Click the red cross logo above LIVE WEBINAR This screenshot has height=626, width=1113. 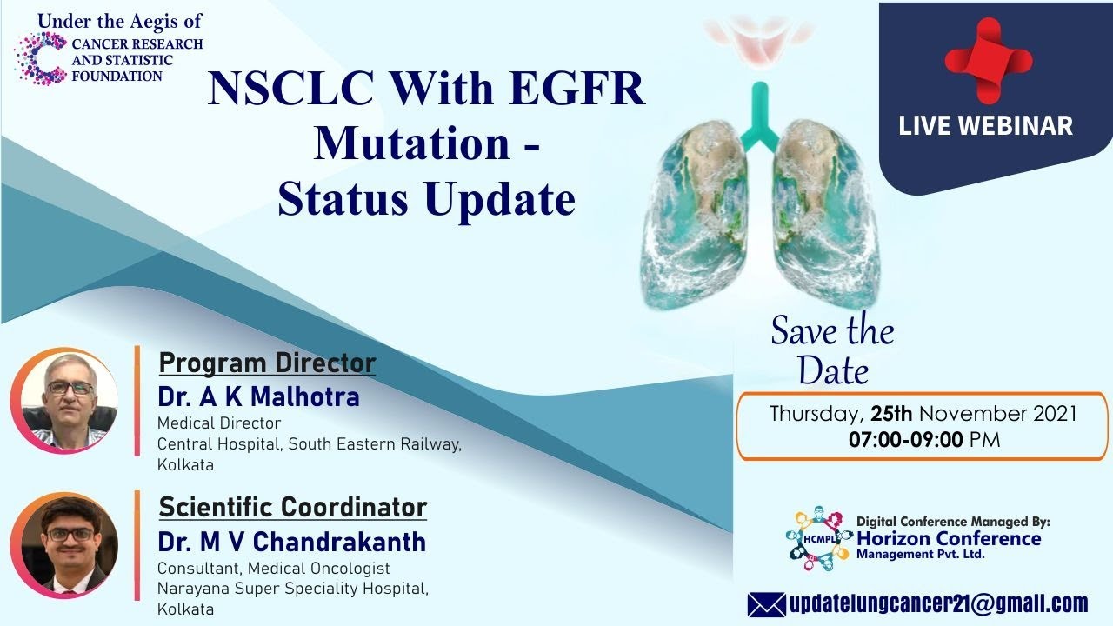pyautogui.click(x=989, y=61)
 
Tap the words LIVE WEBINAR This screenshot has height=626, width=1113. pyautogui.click(x=985, y=125)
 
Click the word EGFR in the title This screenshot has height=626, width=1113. pyautogui.click(x=576, y=89)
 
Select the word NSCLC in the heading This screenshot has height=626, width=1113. pyautogui.click(x=291, y=89)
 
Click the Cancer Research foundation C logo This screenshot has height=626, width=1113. pyautogui.click(x=42, y=58)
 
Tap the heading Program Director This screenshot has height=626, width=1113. pyautogui.click(x=267, y=363)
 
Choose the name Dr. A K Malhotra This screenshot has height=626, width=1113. pyautogui.click(x=258, y=397)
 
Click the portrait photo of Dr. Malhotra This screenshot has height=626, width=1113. pyautogui.click(x=64, y=401)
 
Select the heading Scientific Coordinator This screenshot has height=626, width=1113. pyautogui.click(x=293, y=507)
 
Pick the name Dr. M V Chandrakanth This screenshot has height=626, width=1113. pyautogui.click(x=291, y=542)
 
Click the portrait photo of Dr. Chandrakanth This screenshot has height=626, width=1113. pyautogui.click(x=64, y=545)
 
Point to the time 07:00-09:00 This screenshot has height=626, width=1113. pyautogui.click(x=906, y=440)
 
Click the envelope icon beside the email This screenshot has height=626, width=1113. pyautogui.click(x=767, y=604)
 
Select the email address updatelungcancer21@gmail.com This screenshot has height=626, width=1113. pyautogui.click(x=938, y=604)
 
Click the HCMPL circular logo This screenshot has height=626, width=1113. pyautogui.click(x=818, y=538)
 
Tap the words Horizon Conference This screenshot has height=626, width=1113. pyautogui.click(x=949, y=538)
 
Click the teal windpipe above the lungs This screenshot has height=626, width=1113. pyautogui.click(x=760, y=117)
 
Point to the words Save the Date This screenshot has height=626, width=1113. pyautogui.click(x=833, y=350)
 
